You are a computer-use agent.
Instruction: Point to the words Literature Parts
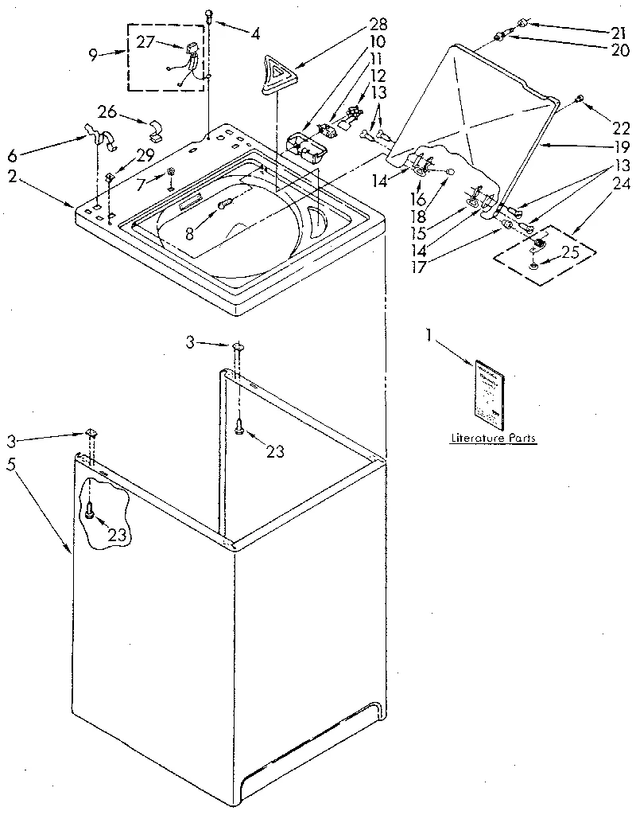(493, 439)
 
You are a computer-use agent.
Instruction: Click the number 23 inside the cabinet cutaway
(117, 535)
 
